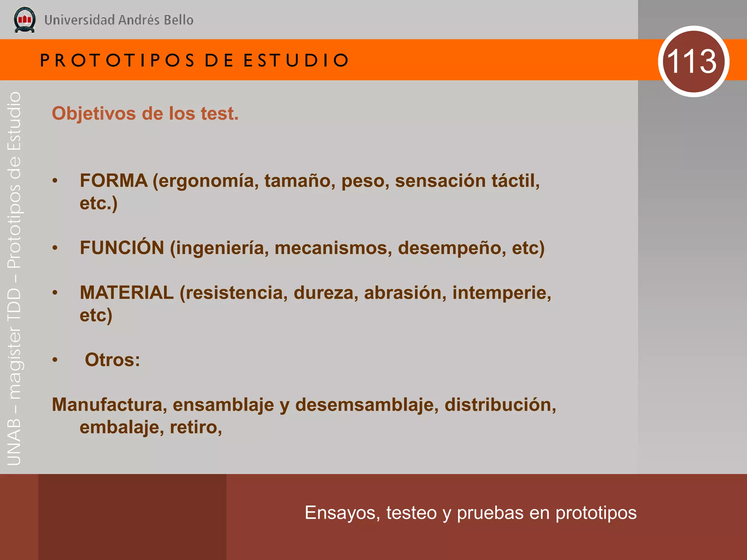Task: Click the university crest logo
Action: pyautogui.click(x=24, y=20)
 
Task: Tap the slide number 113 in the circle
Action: pyautogui.click(x=693, y=61)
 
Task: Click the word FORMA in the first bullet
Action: pyautogui.click(x=113, y=180)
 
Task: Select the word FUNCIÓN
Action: pyautogui.click(x=122, y=248)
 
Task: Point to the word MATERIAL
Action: pyautogui.click(x=127, y=293)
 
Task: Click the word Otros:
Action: pyautogui.click(x=112, y=360)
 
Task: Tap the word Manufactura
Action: pyautogui.click(x=109, y=405)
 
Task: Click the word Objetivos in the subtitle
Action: pyautogui.click(x=94, y=113)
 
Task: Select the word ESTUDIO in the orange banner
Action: pyautogui.click(x=296, y=60)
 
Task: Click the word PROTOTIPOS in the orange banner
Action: pyautogui.click(x=117, y=60)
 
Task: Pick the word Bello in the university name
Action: pyautogui.click(x=178, y=20)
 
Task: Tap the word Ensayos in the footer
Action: pyautogui.click(x=342, y=513)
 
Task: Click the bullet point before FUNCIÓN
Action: pyautogui.click(x=55, y=248)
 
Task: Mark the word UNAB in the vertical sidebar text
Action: pyautogui.click(x=14, y=442)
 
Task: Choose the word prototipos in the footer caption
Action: pyautogui.click(x=596, y=513)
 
